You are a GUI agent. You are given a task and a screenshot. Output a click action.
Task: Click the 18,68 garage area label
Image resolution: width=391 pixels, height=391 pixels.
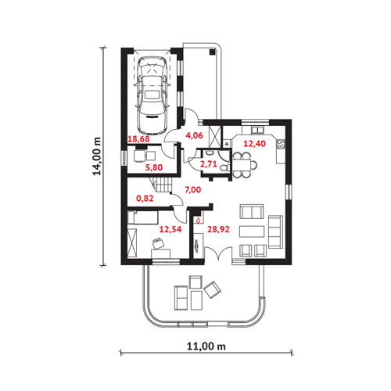(138, 138)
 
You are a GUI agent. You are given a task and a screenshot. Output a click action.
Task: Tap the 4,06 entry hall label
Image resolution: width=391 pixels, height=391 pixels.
(194, 135)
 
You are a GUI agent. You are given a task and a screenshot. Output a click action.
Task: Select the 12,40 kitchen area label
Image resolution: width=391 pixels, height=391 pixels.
(254, 143)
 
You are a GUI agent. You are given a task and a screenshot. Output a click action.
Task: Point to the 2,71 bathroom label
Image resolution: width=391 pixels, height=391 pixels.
(208, 164)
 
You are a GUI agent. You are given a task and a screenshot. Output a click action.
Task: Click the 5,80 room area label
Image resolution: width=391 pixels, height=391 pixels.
(154, 167)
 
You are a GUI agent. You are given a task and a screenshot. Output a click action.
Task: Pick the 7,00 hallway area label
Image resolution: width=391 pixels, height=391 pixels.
(193, 190)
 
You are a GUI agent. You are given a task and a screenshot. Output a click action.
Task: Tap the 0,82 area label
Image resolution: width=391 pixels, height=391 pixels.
(145, 199)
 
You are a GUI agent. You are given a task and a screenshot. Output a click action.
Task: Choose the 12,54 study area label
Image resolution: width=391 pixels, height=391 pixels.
(170, 229)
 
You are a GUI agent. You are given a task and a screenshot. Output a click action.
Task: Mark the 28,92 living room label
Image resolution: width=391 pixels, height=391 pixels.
(218, 229)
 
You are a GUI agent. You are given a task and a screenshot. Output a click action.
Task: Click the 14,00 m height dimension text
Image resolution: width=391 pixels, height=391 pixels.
(97, 156)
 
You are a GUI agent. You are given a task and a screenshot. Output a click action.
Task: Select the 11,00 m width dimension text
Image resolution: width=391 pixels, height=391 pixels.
(206, 346)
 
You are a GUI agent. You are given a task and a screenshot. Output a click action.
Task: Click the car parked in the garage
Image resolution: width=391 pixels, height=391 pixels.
(152, 95)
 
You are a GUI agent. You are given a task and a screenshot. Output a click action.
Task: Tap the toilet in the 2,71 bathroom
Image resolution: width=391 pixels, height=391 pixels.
(224, 167)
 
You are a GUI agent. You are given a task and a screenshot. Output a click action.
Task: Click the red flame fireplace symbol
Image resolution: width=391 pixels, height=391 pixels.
(199, 221)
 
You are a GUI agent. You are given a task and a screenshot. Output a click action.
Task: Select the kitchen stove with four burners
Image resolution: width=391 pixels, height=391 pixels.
(281, 144)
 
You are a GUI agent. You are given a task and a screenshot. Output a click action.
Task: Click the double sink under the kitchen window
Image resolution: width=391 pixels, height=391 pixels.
(257, 130)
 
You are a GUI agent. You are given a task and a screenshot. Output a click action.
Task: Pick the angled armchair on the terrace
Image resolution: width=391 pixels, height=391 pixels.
(213, 289)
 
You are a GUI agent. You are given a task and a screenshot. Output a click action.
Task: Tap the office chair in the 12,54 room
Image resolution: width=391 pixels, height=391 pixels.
(158, 244)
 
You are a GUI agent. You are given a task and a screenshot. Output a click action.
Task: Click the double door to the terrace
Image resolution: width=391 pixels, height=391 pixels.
(218, 253)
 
